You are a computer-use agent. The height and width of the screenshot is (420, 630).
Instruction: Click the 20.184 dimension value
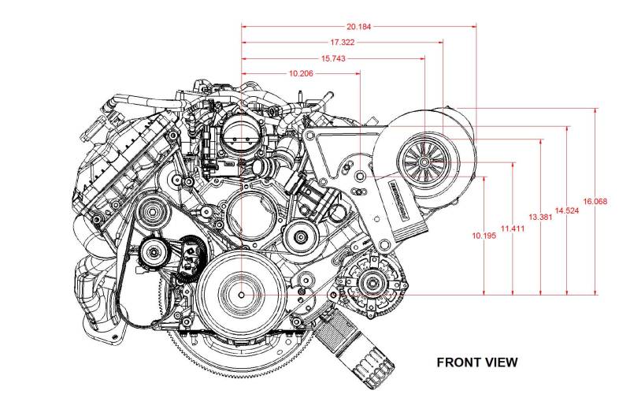click(x=359, y=26)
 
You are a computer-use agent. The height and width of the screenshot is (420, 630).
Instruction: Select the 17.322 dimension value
click(x=343, y=42)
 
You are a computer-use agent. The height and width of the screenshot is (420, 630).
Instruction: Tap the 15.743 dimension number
click(x=333, y=58)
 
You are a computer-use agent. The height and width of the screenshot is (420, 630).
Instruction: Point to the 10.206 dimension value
click(x=302, y=73)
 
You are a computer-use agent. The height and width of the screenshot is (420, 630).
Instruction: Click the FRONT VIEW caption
click(x=477, y=362)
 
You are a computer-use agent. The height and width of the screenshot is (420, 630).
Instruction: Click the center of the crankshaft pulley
click(x=242, y=294)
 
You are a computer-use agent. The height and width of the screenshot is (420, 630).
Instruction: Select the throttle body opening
click(x=239, y=133)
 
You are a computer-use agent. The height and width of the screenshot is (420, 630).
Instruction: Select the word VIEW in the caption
click(x=501, y=362)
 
